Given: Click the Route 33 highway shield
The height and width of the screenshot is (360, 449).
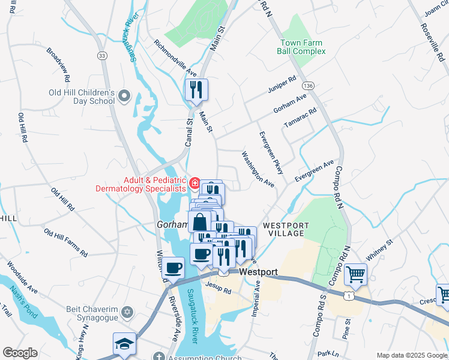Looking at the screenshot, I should [102, 55].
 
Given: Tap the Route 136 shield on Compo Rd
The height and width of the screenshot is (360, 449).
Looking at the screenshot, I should [308, 86].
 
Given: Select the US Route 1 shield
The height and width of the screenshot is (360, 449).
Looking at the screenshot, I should [348, 295].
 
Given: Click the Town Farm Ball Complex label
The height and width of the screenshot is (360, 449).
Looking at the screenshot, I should [301, 47].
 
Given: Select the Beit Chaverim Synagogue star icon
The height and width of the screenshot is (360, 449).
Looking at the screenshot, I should [126, 312].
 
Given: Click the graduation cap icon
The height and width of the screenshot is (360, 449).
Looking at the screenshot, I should [125, 344].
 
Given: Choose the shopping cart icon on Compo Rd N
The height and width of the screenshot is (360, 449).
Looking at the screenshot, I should [356, 274].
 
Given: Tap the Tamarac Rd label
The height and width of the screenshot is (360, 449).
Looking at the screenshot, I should [300, 119].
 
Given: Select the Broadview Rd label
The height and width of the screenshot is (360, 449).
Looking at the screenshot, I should [58, 62].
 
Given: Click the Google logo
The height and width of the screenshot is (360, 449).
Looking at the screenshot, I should [20, 353].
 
